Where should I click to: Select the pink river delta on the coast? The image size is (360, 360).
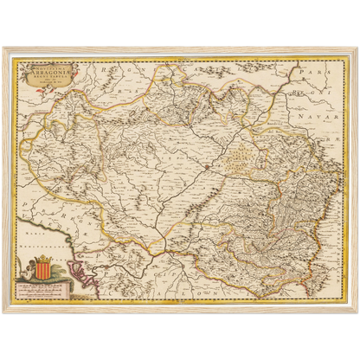pyautogui.click(x=79, y=277)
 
